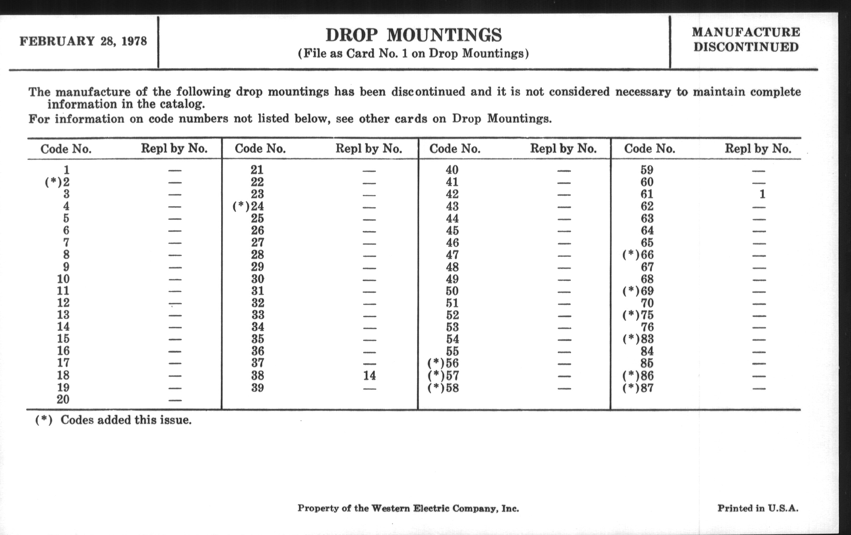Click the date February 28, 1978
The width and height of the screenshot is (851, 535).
[83, 41]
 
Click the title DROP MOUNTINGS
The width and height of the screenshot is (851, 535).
[413, 35]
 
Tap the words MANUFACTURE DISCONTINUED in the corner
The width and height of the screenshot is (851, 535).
[746, 40]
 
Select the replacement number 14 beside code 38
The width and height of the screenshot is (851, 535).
[369, 376]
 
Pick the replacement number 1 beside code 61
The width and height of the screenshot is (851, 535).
[762, 194]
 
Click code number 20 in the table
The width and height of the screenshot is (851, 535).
[63, 399]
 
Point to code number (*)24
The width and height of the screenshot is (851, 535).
[248, 206]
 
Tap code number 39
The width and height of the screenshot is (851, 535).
[257, 388]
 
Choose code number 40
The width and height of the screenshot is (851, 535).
[452, 170]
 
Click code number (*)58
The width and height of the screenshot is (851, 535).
[444, 388]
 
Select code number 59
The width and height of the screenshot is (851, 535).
[647, 170]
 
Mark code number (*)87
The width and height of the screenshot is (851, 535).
[638, 388]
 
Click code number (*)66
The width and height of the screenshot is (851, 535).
[638, 255]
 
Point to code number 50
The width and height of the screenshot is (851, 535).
[452, 291]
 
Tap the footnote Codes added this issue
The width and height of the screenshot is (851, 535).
[113, 420]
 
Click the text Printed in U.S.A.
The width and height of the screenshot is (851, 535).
[758, 508]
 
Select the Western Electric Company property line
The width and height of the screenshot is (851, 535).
[408, 508]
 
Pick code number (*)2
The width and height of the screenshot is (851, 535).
[57, 182]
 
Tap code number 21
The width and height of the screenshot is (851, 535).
[257, 170]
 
